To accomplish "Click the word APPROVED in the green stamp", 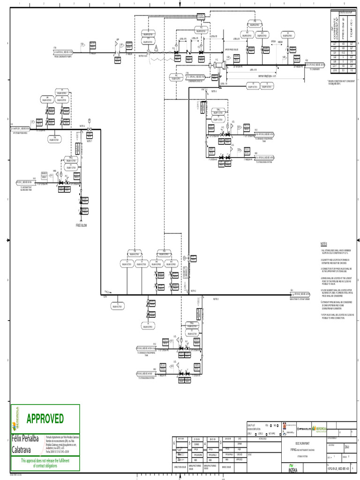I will coord(45,418).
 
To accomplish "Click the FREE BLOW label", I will coord(82,225).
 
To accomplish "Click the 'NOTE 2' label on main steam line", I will coord(216,299).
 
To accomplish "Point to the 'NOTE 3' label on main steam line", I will coord(193,291).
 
